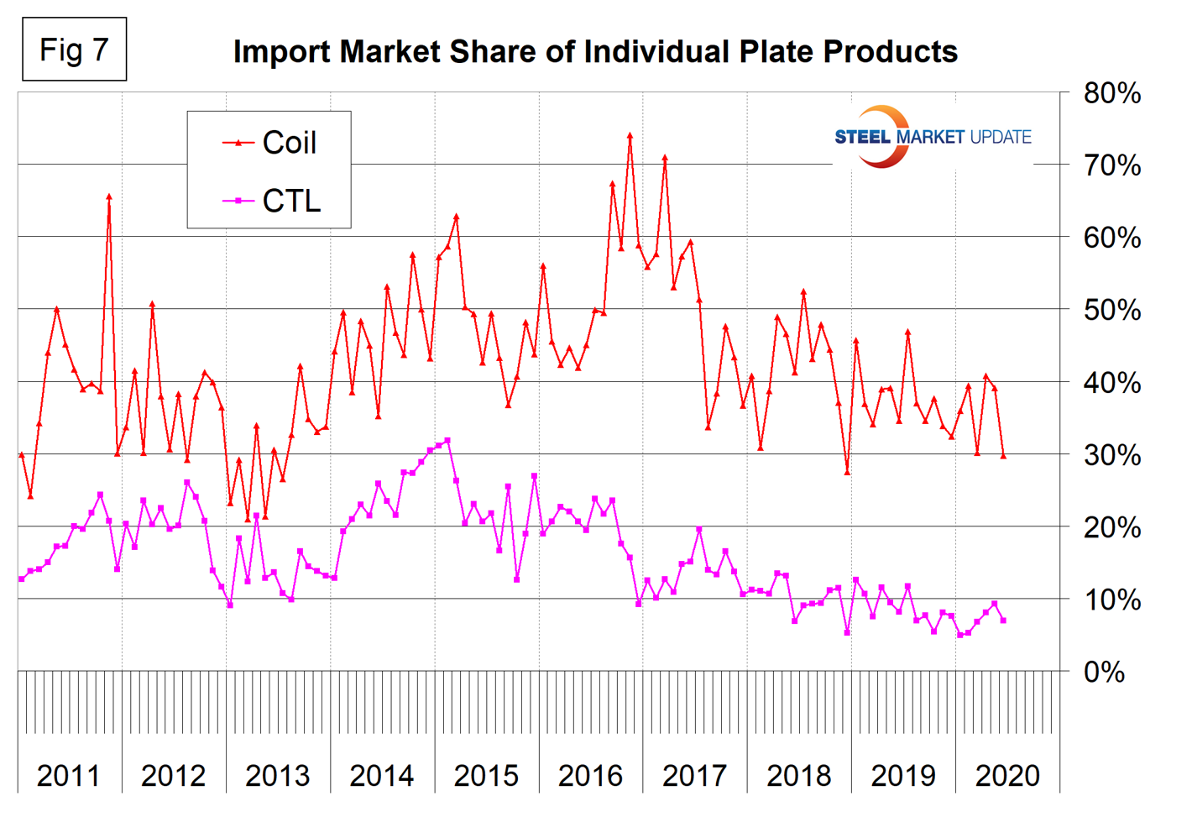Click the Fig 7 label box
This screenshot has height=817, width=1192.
coord(74,50)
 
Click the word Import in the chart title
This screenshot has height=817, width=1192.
coord(281,51)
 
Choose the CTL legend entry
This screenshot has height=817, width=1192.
coord(272,202)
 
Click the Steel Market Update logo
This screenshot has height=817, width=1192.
coord(932,137)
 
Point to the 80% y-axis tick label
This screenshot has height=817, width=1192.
coord(1111,93)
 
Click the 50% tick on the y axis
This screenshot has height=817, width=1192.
coord(1111,310)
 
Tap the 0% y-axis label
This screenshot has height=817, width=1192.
coord(1105,672)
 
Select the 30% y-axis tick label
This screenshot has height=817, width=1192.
coord(1111,455)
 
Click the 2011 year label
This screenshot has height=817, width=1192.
coord(69,775)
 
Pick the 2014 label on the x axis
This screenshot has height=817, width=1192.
coord(382,775)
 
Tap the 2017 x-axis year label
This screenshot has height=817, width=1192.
coord(694,775)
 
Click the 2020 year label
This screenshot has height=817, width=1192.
coord(1007,775)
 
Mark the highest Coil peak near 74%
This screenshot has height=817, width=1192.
coord(630,134)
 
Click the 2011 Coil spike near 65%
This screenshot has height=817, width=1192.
coord(109,196)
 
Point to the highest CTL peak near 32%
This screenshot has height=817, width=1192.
coord(447,440)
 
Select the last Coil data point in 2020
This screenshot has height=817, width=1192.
coord(1003,456)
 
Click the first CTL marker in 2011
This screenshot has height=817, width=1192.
coord(22,579)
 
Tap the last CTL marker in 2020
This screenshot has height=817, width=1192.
coord(1003,621)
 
